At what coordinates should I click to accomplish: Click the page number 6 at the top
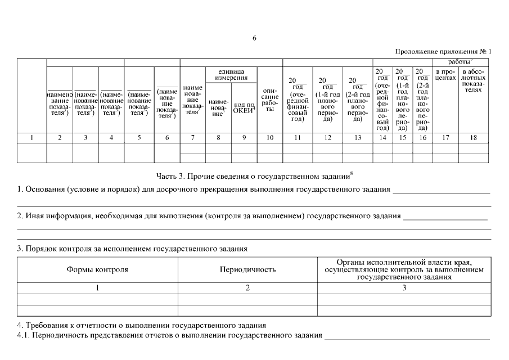click(254, 38)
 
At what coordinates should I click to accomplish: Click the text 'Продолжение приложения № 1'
click(443, 51)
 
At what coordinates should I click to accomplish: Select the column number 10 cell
click(270, 137)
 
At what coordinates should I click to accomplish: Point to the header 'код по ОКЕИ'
click(244, 108)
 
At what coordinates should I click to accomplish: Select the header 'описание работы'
click(270, 100)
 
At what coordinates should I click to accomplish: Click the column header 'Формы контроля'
click(97, 269)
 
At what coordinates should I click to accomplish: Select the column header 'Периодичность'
click(247, 269)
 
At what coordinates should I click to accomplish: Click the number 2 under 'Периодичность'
click(247, 288)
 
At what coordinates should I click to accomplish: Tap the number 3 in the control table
click(404, 288)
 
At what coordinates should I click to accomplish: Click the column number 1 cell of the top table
click(31, 137)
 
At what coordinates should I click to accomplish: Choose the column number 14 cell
click(382, 137)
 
